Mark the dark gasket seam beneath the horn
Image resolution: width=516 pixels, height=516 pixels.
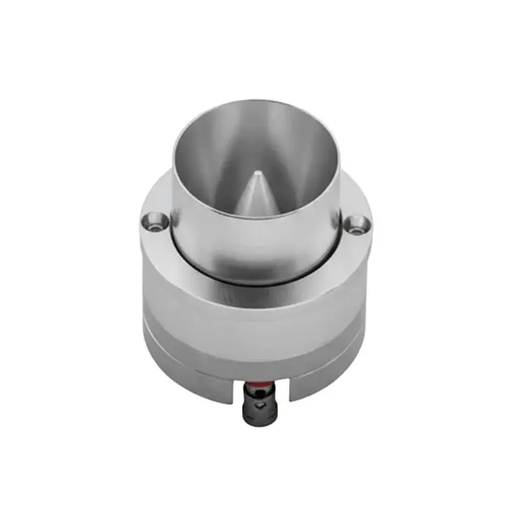coord(257,283)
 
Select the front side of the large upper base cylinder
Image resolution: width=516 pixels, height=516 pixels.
coord(257,309)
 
